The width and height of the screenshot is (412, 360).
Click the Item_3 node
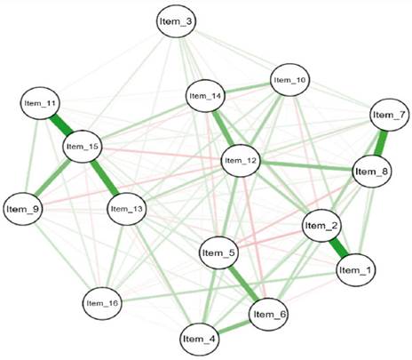176,21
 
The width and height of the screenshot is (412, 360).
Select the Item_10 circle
290,80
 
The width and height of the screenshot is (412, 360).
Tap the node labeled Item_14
205,96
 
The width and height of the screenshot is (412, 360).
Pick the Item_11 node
40,103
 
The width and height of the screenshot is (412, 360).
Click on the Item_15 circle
83,147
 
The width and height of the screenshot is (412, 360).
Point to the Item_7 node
390,115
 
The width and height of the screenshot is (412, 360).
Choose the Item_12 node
241,161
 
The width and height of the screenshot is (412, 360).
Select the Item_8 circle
372,172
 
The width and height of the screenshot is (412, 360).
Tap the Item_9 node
23,209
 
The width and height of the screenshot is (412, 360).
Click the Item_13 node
126,209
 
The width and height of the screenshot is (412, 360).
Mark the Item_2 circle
321,226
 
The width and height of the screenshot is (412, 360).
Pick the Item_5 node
218,252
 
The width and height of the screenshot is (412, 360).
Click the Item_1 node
356,270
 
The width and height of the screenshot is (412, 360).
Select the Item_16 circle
102,303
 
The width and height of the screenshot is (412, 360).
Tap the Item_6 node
269,315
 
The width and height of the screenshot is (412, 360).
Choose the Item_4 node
200,339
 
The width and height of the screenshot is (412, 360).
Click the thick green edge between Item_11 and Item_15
61,124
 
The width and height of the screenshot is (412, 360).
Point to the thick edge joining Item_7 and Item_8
381,143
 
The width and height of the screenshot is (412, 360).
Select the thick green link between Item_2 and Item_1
339,248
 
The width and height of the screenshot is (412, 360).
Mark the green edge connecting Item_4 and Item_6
234,326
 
